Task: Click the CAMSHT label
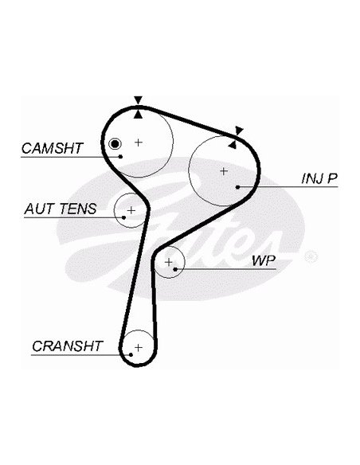click(x=53, y=148)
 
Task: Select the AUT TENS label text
click(x=61, y=209)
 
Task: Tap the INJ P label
click(x=319, y=178)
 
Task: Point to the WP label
click(x=264, y=260)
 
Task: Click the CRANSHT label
click(x=68, y=346)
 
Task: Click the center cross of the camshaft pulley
click(x=139, y=143)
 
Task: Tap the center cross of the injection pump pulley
click(x=224, y=171)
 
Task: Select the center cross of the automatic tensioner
click(x=131, y=210)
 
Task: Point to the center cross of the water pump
click(x=168, y=262)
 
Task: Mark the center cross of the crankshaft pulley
click(x=139, y=347)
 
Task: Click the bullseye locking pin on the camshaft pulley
click(x=115, y=144)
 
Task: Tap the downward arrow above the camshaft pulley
click(x=139, y=100)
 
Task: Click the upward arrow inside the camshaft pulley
click(x=139, y=115)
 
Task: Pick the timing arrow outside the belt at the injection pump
click(x=239, y=131)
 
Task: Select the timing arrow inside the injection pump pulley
click(x=233, y=145)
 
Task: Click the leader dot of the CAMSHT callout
click(x=120, y=157)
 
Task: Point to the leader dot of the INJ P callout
click(x=237, y=187)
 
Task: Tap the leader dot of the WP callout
click(x=175, y=269)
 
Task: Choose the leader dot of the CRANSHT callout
click(x=131, y=354)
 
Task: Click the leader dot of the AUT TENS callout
click(x=124, y=217)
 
